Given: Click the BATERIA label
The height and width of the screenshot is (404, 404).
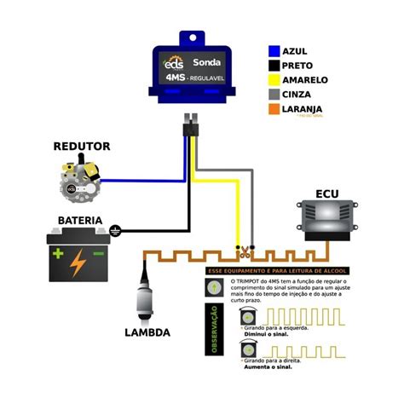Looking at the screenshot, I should tap(80, 221).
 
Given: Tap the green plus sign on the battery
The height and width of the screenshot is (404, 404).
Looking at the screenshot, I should tap(58, 253).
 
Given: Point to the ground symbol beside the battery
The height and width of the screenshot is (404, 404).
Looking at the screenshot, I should tap(114, 229).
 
